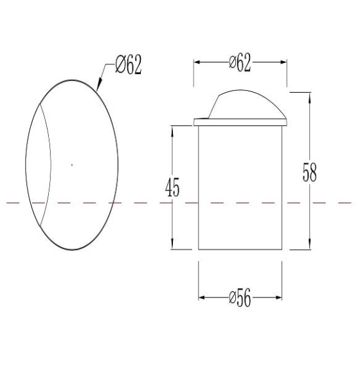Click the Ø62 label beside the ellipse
click(129, 64)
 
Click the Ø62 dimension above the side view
click(240, 62)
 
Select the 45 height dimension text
click(172, 187)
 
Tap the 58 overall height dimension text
click(309, 172)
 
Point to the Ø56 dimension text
click(240, 298)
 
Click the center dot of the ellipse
click(72, 165)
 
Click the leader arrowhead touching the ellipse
click(99, 84)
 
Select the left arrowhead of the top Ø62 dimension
click(198, 62)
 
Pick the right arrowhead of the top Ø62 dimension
click(282, 62)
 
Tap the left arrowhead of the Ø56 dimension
click(203, 298)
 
